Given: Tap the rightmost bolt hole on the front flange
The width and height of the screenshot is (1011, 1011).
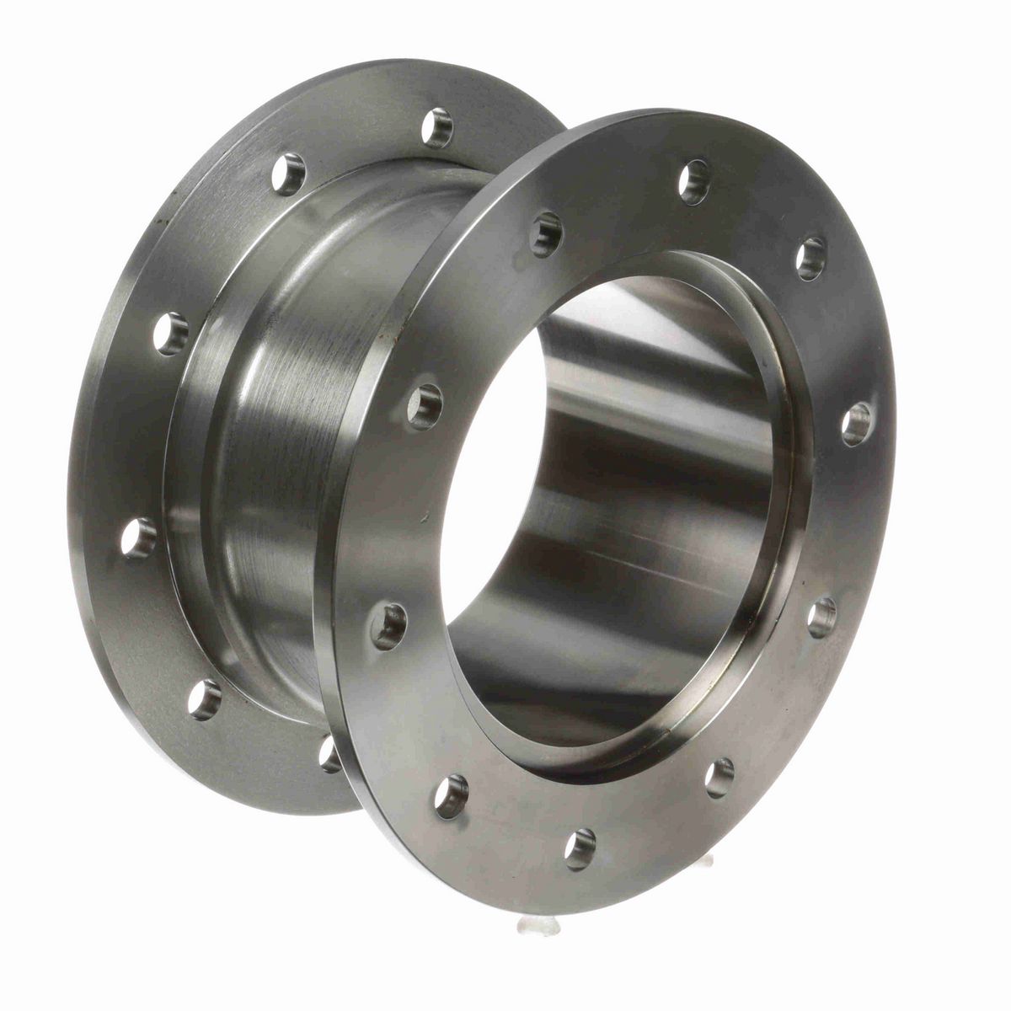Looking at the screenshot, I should [x=857, y=424].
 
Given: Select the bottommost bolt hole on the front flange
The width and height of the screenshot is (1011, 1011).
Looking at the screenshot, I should [x=579, y=848].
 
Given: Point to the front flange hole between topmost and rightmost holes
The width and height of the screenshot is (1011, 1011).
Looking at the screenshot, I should [x=810, y=259].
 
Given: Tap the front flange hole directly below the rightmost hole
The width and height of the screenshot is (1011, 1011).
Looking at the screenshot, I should [x=821, y=617].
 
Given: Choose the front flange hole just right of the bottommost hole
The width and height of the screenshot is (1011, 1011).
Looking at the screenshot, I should [x=718, y=777].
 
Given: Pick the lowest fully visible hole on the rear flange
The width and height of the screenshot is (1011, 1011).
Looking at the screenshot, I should [x=202, y=699].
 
